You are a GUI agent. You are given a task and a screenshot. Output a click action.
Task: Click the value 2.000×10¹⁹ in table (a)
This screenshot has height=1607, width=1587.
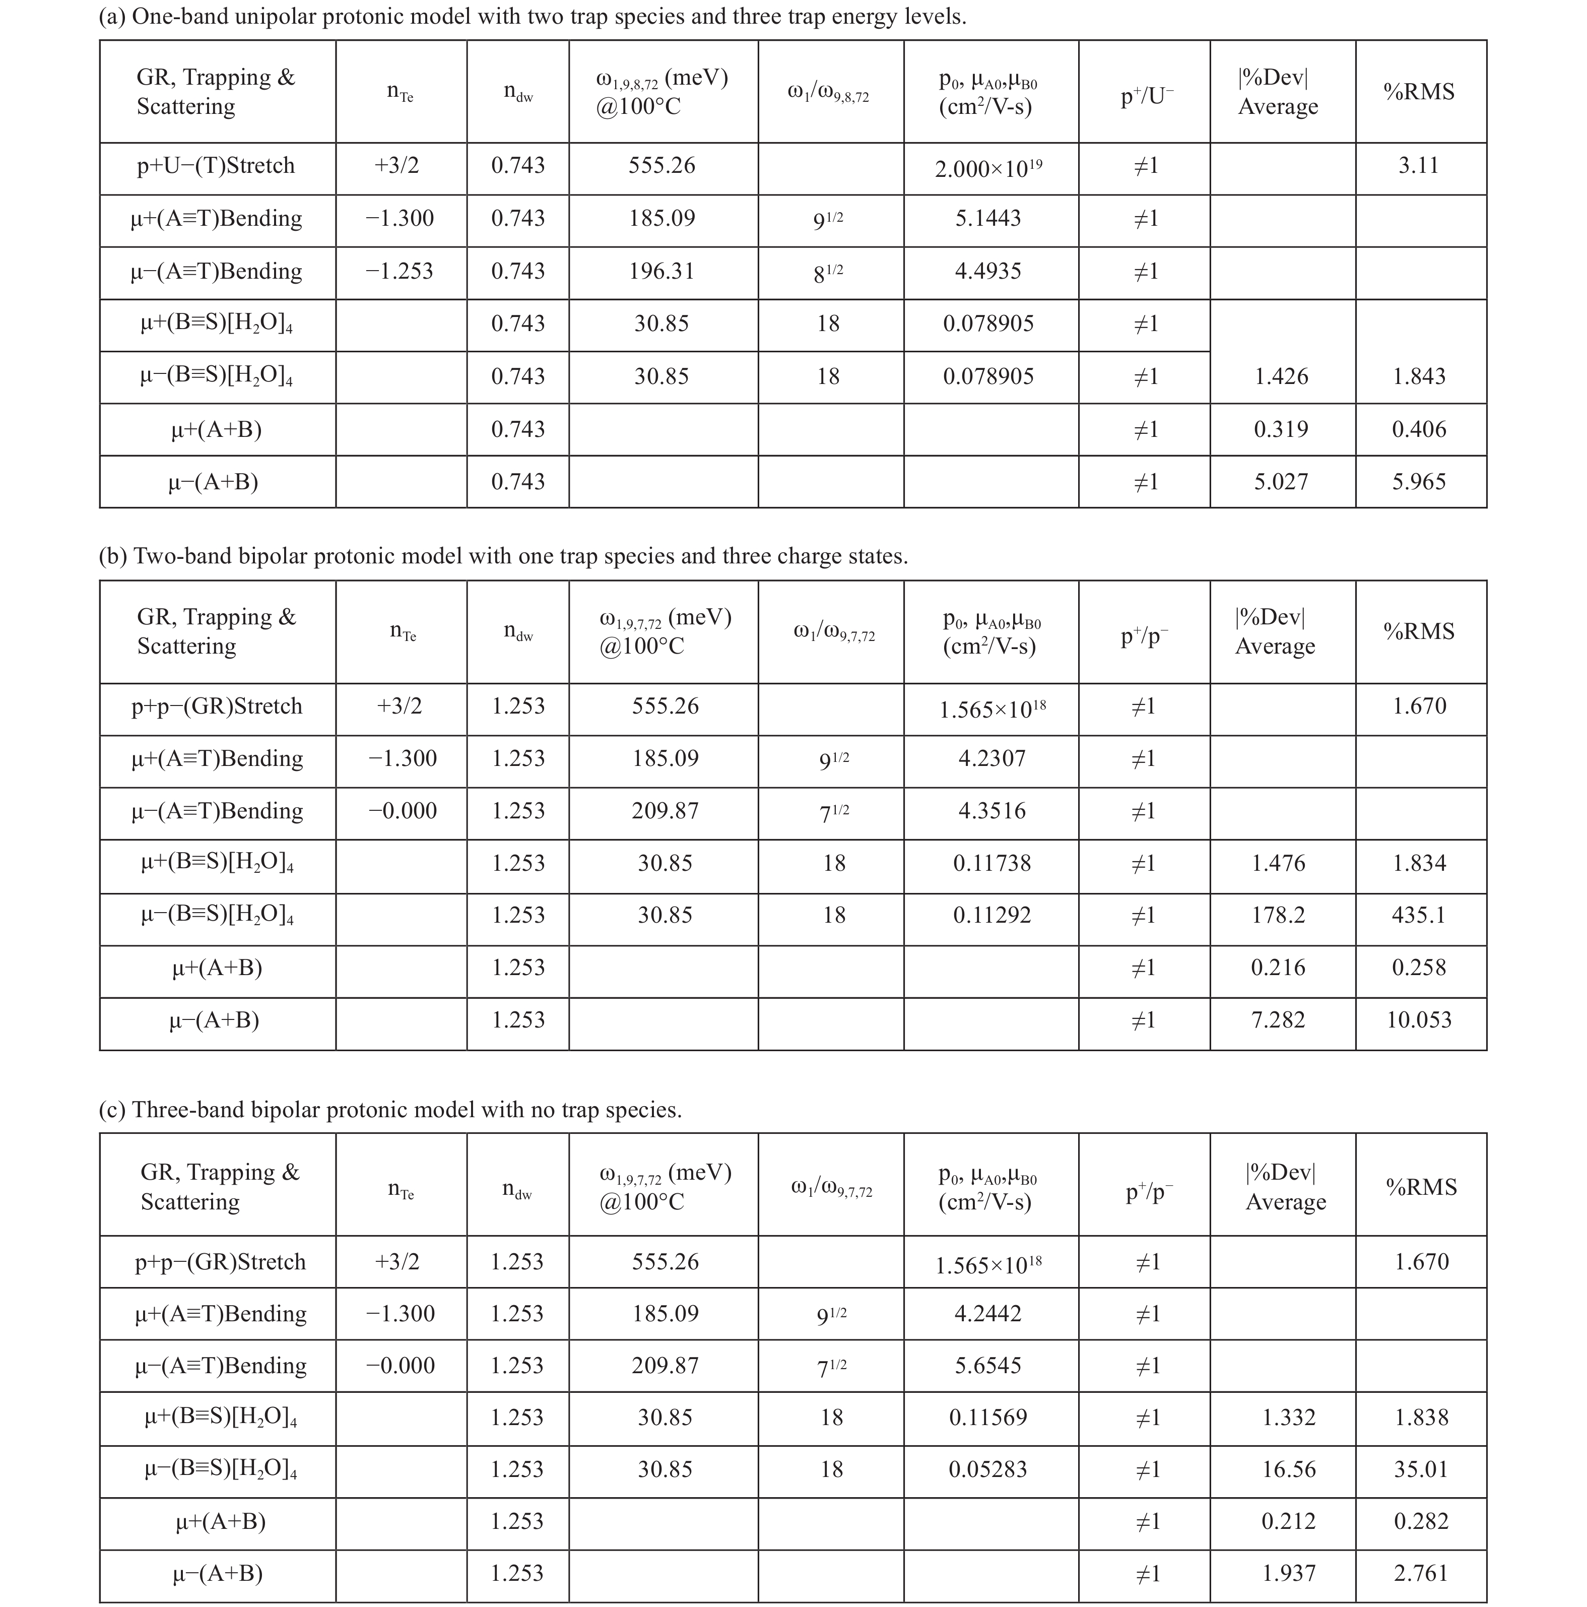click(x=988, y=169)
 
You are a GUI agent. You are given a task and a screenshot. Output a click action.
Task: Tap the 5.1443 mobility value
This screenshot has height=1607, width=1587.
click(x=988, y=219)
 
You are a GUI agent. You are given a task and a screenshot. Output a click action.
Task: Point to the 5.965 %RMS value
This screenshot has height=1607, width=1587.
click(x=1419, y=482)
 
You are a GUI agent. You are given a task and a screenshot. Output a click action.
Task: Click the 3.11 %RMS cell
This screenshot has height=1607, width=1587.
click(x=1419, y=165)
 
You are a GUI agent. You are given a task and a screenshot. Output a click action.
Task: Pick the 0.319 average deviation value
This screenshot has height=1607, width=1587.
click(x=1281, y=429)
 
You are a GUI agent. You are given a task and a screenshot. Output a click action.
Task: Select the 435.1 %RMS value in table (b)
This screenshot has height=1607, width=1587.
click(x=1419, y=915)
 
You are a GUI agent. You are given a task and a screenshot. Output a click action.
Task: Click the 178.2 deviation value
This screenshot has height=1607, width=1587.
click(x=1279, y=915)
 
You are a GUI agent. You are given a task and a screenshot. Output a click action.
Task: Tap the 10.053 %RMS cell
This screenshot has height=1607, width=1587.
click(x=1419, y=1020)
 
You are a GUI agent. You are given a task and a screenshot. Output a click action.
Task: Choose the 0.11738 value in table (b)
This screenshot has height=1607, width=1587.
click(x=991, y=863)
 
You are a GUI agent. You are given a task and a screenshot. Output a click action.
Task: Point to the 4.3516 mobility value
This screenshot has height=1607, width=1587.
click(x=991, y=811)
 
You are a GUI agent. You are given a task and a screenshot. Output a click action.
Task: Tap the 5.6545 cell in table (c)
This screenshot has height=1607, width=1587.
click(x=988, y=1366)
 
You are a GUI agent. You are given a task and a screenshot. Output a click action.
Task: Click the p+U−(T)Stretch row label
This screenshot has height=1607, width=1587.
click(x=216, y=165)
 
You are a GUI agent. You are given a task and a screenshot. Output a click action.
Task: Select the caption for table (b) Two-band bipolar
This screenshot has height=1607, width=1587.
click(x=503, y=556)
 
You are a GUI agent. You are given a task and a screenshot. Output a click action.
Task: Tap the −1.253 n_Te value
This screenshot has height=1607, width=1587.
click(x=399, y=271)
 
